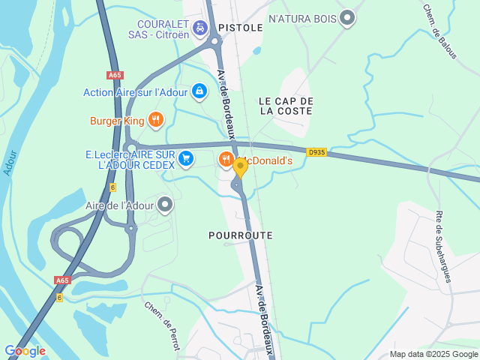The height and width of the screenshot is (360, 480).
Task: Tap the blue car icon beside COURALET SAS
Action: pos(200,28)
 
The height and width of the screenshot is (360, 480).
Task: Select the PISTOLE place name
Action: pos(241,28)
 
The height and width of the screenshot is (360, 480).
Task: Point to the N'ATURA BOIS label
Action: pos(301,17)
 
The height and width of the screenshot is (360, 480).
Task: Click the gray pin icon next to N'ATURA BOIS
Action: pos(346,17)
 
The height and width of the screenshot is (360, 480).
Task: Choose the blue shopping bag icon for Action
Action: pos(199,91)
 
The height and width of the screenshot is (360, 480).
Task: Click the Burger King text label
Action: pos(116,120)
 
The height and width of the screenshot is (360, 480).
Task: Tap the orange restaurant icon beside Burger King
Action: pos(155,119)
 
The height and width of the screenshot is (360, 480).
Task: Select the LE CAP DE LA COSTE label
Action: pos(286,106)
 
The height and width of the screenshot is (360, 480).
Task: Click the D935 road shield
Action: pos(316,152)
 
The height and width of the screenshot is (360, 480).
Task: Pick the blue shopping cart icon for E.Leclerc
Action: pos(186,158)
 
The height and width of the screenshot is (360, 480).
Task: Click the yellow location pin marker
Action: pos(240,168)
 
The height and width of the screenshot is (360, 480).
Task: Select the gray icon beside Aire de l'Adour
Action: pos(165,204)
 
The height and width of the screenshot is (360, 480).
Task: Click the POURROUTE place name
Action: pos(240,235)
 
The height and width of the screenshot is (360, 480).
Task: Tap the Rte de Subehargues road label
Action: pos(443,247)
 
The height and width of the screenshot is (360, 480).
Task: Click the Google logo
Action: pos(25,350)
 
